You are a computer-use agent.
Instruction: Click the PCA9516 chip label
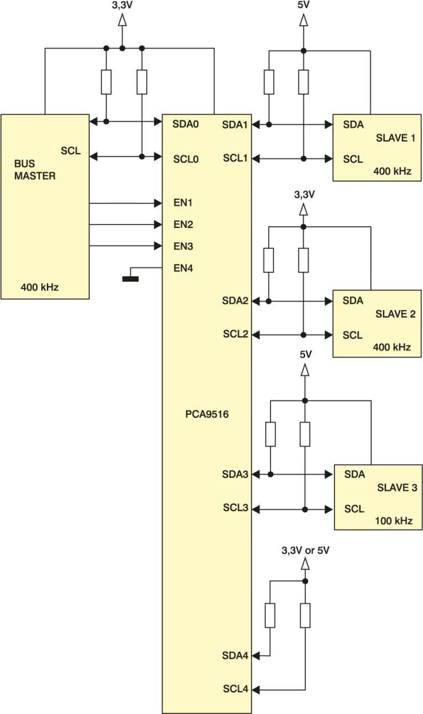[207, 414]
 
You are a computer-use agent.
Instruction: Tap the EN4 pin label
[183, 268]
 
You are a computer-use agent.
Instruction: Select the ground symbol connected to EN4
[130, 279]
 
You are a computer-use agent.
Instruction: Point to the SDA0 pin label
[185, 124]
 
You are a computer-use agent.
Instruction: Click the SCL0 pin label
[186, 159]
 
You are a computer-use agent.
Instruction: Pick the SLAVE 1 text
[396, 138]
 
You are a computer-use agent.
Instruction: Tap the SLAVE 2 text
[396, 314]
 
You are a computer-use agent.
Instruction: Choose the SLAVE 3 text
[397, 488]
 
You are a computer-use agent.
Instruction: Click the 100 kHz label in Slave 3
[394, 521]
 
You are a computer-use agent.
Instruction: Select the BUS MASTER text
[35, 170]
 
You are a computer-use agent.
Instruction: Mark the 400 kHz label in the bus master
[39, 287]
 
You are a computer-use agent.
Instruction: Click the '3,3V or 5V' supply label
[305, 551]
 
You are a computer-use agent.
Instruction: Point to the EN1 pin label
[183, 203]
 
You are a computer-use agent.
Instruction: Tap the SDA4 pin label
[235, 656]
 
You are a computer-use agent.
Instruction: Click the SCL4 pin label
[236, 689]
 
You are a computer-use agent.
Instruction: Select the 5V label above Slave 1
[304, 5]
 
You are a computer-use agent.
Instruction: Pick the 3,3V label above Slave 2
[304, 194]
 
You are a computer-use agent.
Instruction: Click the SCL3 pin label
[236, 508]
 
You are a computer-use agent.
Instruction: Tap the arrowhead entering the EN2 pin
[158, 224]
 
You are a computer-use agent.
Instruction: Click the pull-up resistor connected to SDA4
[270, 616]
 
